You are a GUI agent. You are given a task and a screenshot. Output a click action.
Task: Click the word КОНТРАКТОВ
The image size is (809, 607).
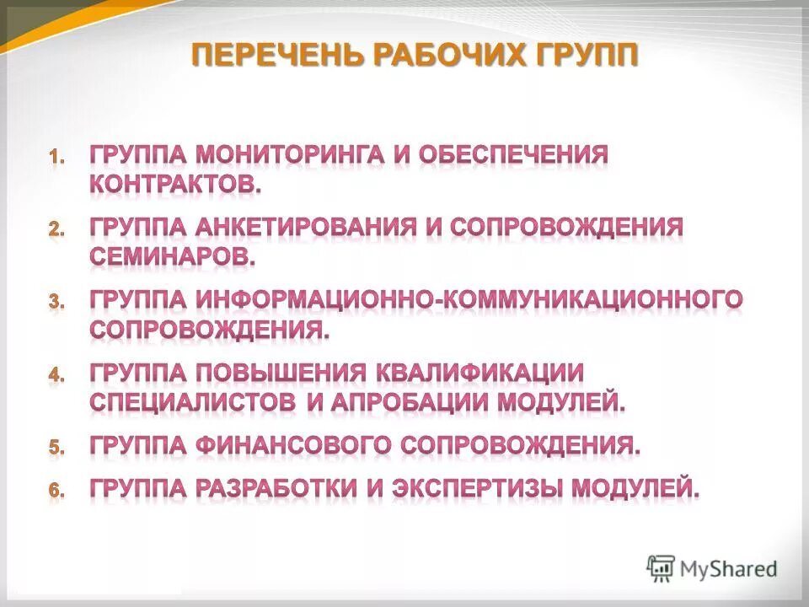pos(175,185)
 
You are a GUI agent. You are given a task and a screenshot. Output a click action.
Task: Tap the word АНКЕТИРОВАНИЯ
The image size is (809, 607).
pos(308,228)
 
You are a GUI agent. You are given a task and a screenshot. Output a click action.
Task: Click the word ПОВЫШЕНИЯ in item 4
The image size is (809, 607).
pos(280,373)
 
